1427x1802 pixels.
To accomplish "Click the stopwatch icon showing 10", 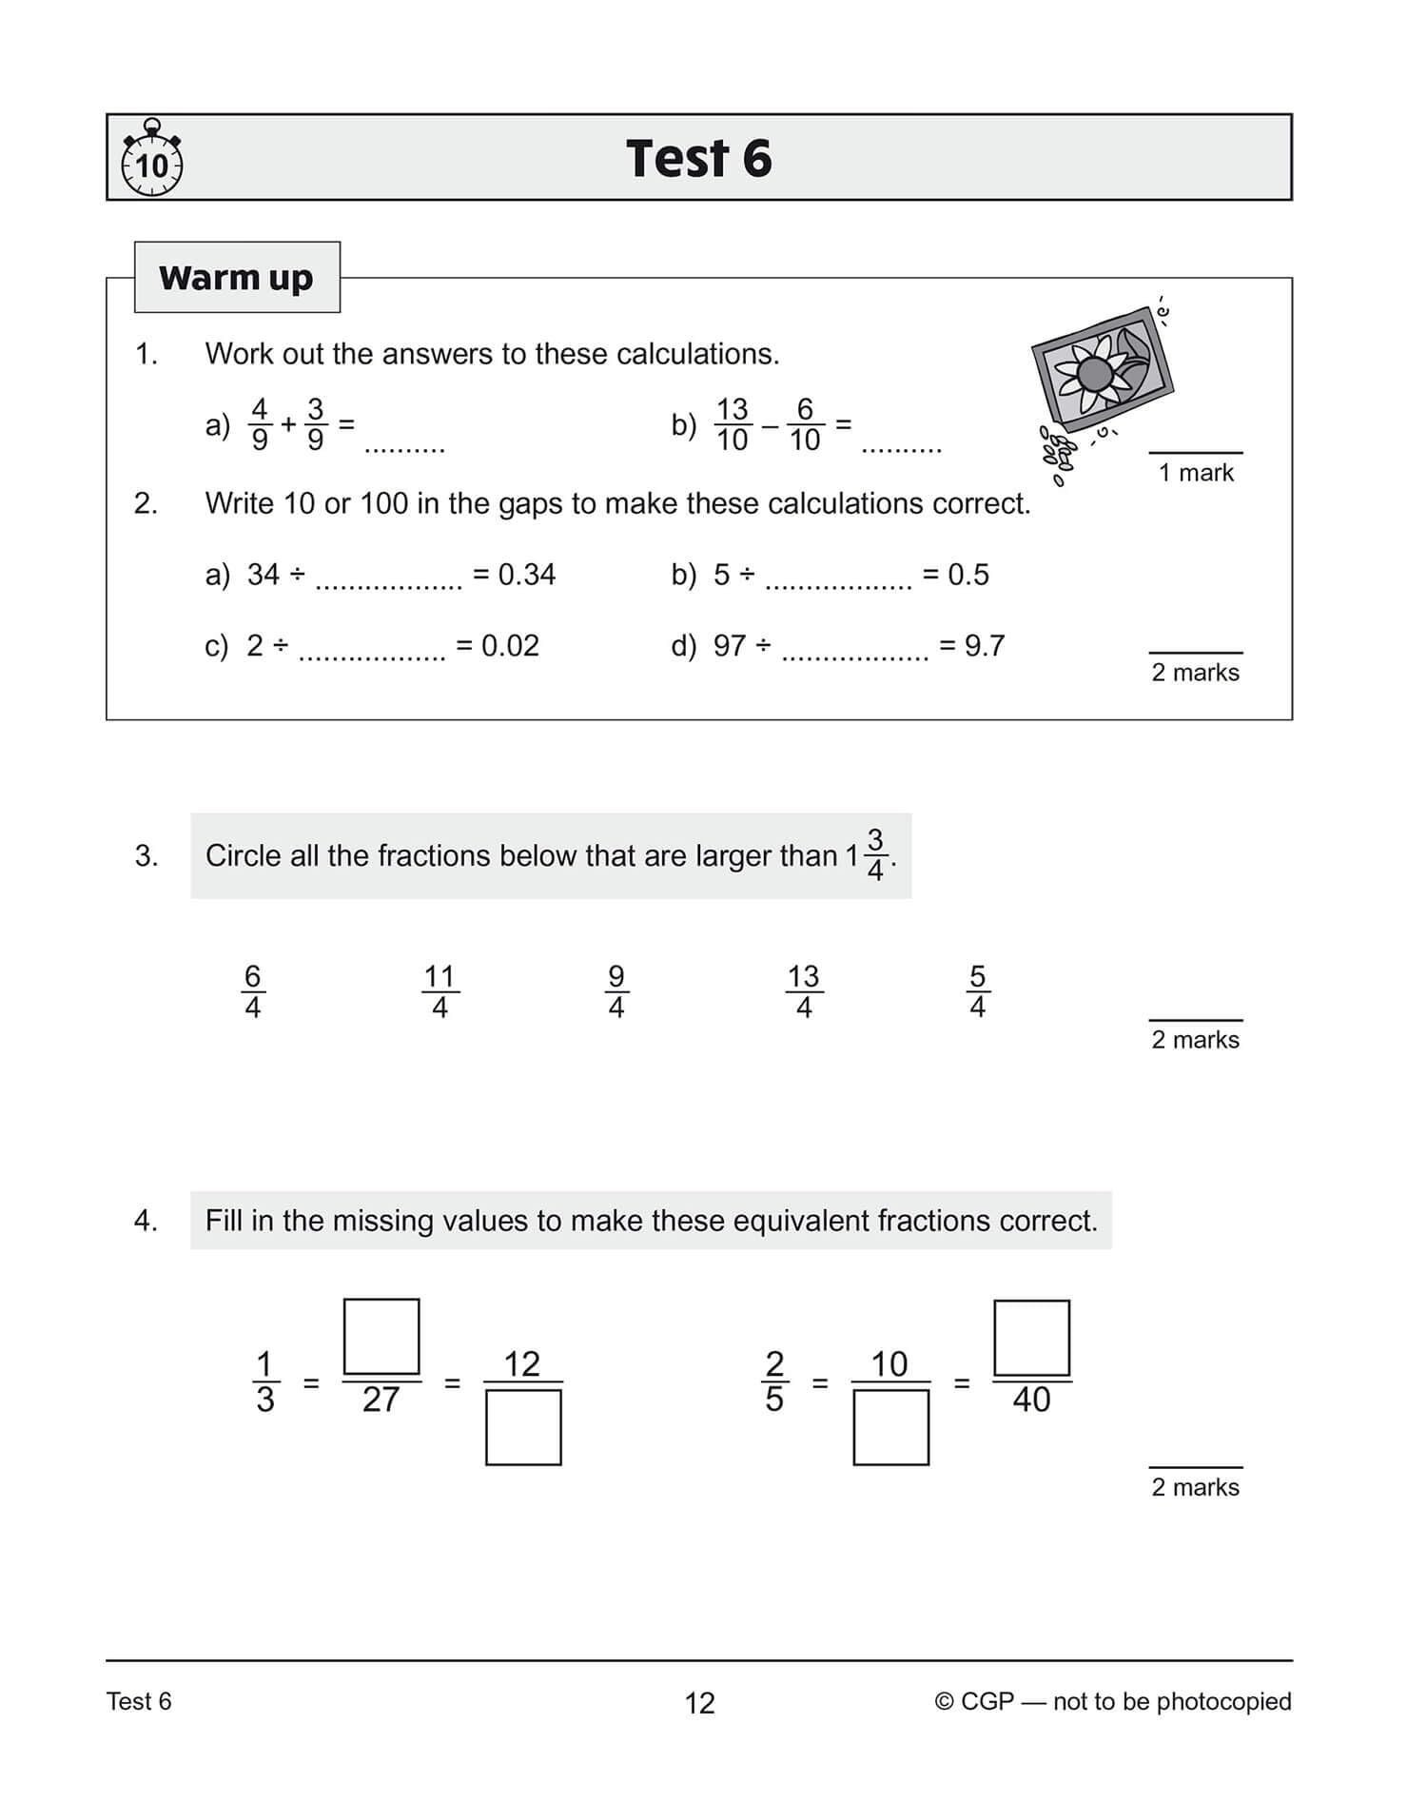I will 151,160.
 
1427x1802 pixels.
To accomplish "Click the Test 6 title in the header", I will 698,158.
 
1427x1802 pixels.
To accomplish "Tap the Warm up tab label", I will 236,278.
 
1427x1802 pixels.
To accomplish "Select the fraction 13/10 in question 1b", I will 732,423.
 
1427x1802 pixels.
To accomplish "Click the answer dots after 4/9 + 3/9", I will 404,447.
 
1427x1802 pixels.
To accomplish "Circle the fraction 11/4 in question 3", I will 440,991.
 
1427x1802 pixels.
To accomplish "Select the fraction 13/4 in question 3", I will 803,991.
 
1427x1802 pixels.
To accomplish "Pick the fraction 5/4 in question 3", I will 977,991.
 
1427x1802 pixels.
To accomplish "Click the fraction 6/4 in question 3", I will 252,991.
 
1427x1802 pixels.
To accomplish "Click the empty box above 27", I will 381,1336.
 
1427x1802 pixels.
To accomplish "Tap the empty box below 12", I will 523,1427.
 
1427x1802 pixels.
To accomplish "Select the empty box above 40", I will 1031,1337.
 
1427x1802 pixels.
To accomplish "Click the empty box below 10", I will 890,1427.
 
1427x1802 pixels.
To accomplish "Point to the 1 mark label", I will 1196,472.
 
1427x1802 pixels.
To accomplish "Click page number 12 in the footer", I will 699,1703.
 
